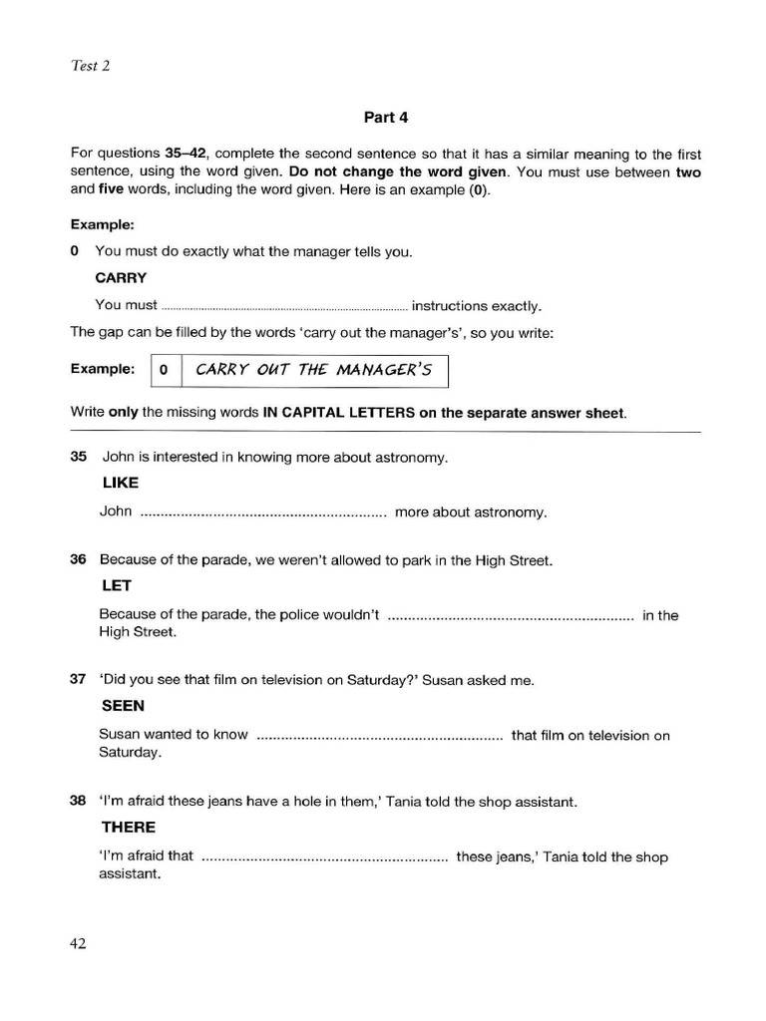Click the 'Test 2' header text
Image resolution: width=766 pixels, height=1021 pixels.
(x=91, y=66)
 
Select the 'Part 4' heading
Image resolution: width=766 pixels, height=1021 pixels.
(x=386, y=117)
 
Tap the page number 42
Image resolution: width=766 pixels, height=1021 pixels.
(x=78, y=944)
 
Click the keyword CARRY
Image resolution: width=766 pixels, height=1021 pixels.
(x=121, y=278)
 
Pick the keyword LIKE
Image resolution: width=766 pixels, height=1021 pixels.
(x=120, y=483)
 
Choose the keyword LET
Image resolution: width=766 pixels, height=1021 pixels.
(x=117, y=585)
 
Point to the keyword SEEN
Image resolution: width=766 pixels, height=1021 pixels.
(x=123, y=706)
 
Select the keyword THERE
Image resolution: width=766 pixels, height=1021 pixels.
(x=129, y=828)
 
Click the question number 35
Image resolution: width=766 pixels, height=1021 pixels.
(x=79, y=458)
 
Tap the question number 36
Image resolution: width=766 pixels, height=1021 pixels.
(x=79, y=560)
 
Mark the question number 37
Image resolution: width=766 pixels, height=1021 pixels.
(x=79, y=681)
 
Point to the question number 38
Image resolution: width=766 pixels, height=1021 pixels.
(x=79, y=802)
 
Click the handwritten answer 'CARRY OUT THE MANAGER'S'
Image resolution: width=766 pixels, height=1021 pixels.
(x=314, y=370)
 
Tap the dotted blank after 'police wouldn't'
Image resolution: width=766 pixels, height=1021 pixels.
(x=510, y=616)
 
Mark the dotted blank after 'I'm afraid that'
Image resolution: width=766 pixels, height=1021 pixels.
(x=324, y=857)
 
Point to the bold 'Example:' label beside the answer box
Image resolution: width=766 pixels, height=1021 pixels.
(x=103, y=369)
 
